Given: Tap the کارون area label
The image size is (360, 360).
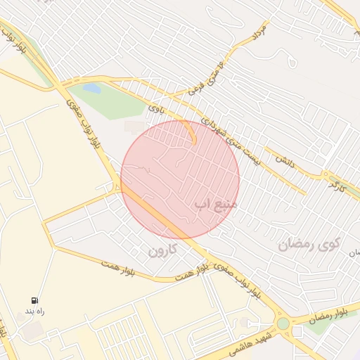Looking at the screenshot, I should (x=162, y=250).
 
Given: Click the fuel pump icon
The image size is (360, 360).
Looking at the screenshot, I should (x=34, y=300).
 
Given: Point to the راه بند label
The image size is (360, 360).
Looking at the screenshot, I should (x=34, y=310).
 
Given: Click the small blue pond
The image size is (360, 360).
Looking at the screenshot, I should (x=91, y=89).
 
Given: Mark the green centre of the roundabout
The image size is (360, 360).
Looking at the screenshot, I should (x=283, y=324).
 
